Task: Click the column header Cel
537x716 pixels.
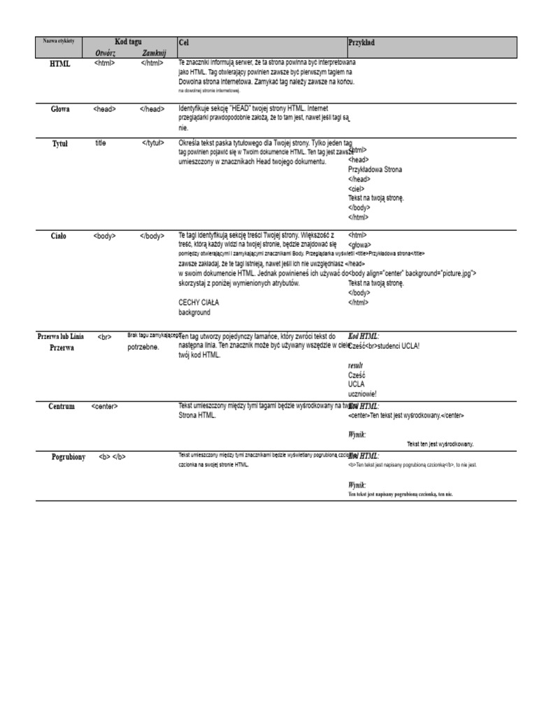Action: point(184,43)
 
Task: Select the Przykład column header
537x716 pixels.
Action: point(361,43)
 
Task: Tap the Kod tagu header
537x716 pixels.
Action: point(128,42)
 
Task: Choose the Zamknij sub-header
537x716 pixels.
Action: point(153,53)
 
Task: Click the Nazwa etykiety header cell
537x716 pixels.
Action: point(59,41)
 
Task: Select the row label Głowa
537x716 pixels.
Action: point(60,109)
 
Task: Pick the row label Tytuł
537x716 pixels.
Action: point(60,143)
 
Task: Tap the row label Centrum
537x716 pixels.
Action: point(61,406)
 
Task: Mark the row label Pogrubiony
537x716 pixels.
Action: point(69,457)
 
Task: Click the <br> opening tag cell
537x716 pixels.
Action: point(105,337)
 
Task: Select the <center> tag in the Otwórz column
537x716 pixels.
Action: point(104,406)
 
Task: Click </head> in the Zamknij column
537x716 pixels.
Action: point(152,109)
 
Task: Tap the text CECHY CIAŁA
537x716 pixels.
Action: point(199,303)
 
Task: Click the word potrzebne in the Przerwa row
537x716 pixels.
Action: point(143,347)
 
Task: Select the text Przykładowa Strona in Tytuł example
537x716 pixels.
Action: point(375,169)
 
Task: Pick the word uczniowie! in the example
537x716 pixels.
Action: point(362,394)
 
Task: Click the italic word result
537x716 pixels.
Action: point(356,366)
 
